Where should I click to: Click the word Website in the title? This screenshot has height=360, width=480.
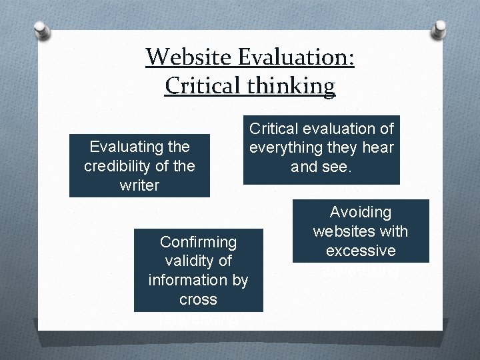click(x=187, y=57)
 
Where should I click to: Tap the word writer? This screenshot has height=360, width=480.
click(x=139, y=185)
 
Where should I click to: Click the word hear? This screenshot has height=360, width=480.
click(x=378, y=147)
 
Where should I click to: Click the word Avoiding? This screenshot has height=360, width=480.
click(x=361, y=213)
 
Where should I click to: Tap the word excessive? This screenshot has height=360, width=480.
click(x=361, y=251)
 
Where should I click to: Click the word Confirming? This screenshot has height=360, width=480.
click(x=198, y=241)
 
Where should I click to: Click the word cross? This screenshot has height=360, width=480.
click(x=198, y=299)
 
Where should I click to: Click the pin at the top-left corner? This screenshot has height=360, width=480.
click(x=41, y=31)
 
